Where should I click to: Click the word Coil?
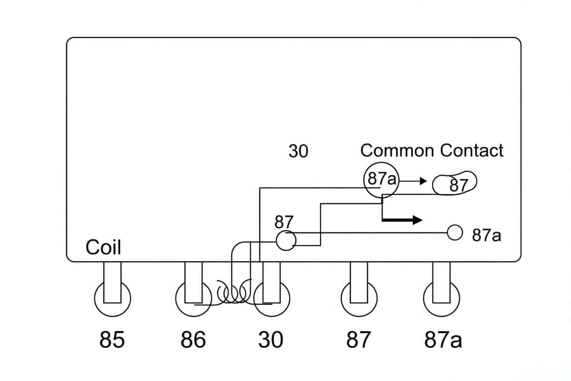click(x=103, y=248)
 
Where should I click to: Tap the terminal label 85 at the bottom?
click(x=112, y=340)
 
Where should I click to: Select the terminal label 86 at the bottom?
click(x=193, y=340)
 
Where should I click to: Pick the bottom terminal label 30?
click(x=270, y=340)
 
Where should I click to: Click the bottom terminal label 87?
click(x=358, y=340)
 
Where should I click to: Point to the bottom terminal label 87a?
click(x=443, y=340)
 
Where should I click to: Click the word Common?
click(x=398, y=151)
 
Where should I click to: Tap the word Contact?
click(x=471, y=151)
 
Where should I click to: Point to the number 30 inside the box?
click(x=298, y=151)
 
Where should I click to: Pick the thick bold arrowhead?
click(x=417, y=220)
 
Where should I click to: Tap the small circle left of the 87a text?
click(x=455, y=232)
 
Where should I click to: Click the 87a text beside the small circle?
click(x=486, y=235)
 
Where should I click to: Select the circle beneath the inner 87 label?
click(x=286, y=241)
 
